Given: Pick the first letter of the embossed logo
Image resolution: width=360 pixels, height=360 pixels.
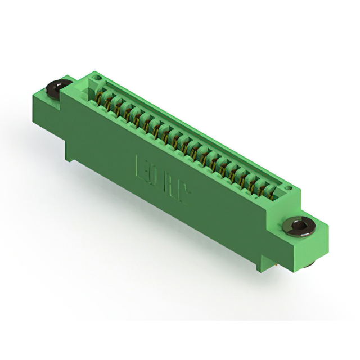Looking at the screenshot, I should [x=140, y=166].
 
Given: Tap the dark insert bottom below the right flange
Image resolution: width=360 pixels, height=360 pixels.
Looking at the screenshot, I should [x=309, y=263].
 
